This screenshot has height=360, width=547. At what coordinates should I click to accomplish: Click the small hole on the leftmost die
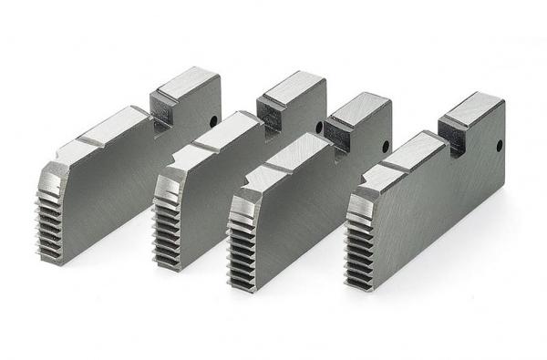(x=212, y=119)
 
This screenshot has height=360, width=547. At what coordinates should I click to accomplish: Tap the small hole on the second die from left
(x=318, y=128)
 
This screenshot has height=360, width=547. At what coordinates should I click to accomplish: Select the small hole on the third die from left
(x=387, y=145)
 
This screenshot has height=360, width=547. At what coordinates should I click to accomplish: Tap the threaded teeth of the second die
(x=166, y=232)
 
